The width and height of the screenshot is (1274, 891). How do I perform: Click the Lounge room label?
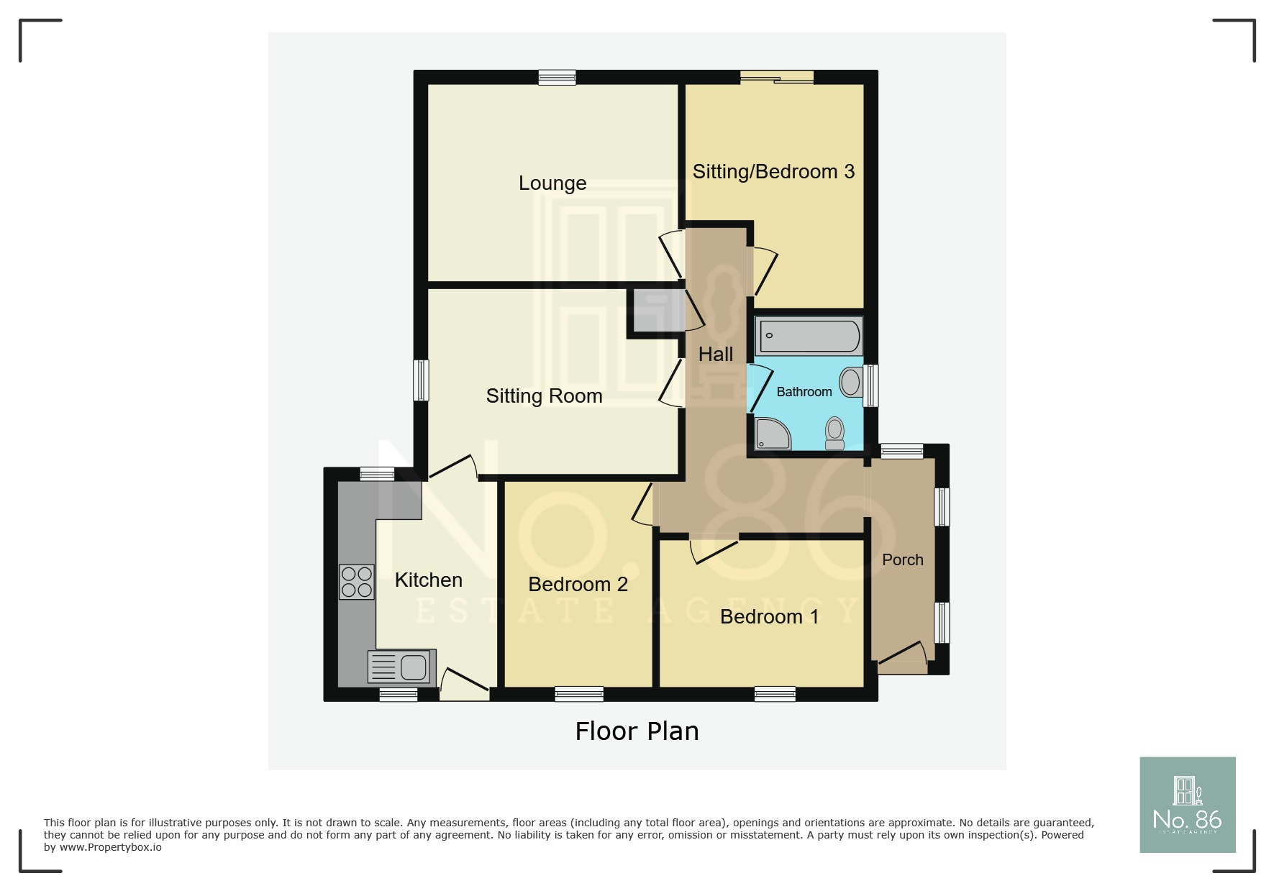click(552, 183)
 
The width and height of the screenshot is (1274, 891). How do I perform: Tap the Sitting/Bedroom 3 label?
click(773, 172)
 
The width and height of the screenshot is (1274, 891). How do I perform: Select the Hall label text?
click(716, 355)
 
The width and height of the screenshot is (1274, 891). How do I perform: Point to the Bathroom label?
click(804, 392)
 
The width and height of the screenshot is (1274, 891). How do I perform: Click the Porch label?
click(903, 560)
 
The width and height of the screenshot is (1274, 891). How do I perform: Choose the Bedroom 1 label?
click(769, 617)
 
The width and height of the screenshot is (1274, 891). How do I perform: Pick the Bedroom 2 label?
click(578, 585)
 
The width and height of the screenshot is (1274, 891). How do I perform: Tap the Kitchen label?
click(429, 580)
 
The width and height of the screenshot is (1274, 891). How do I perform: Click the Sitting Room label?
click(544, 396)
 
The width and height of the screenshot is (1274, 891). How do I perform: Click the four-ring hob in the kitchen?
click(357, 582)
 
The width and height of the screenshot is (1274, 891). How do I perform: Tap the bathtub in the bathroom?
click(809, 337)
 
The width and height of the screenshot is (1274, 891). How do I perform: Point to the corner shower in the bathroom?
click(772, 434)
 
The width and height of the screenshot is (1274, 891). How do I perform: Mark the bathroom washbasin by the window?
click(851, 382)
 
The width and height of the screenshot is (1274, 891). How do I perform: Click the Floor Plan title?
click(637, 731)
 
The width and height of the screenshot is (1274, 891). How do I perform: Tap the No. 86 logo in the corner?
click(1187, 805)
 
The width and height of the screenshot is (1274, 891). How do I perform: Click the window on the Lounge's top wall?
click(558, 78)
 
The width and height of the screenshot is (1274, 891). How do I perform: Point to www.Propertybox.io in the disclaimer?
click(111, 847)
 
